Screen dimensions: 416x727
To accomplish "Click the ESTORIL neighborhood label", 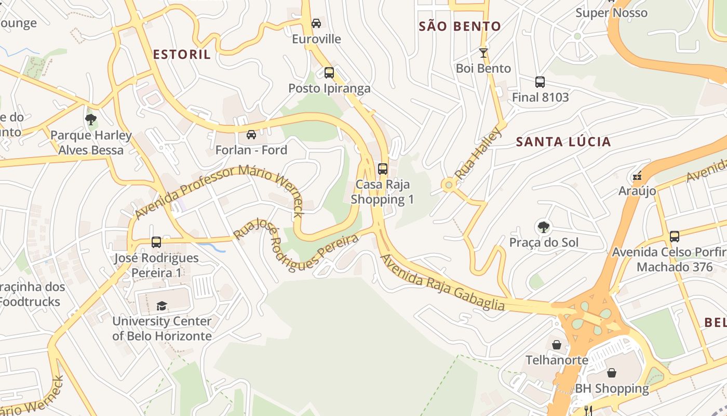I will (182, 55).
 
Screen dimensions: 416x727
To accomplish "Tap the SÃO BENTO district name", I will (460, 27).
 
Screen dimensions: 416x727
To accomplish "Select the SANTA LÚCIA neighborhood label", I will (563, 142).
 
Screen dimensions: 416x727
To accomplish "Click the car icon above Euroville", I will (316, 23).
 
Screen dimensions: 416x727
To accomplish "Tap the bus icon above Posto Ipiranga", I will (329, 73).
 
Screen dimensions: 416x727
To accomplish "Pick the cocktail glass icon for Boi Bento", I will (483, 53).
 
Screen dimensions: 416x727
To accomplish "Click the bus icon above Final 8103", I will (540, 82).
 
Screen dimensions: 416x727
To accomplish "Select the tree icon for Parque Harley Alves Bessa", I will (91, 120).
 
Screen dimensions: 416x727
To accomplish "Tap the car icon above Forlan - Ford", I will (251, 135).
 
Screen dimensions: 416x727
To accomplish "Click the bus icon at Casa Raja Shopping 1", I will (383, 168).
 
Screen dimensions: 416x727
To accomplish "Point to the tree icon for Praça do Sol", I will (544, 227).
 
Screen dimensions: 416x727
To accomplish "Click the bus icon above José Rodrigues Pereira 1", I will (156, 242).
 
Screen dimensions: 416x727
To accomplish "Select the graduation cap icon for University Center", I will (162, 306).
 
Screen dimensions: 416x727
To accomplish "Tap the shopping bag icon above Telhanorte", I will (557, 344).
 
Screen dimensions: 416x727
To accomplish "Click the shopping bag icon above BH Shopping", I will (612, 373).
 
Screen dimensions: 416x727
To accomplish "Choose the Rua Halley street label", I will (478, 153).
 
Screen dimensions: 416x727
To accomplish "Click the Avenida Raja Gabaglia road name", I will (442, 283).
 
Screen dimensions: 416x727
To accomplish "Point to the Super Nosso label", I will (611, 13).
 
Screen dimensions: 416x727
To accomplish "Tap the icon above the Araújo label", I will (637, 176).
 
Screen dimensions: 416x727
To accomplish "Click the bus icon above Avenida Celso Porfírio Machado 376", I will (675, 237).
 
